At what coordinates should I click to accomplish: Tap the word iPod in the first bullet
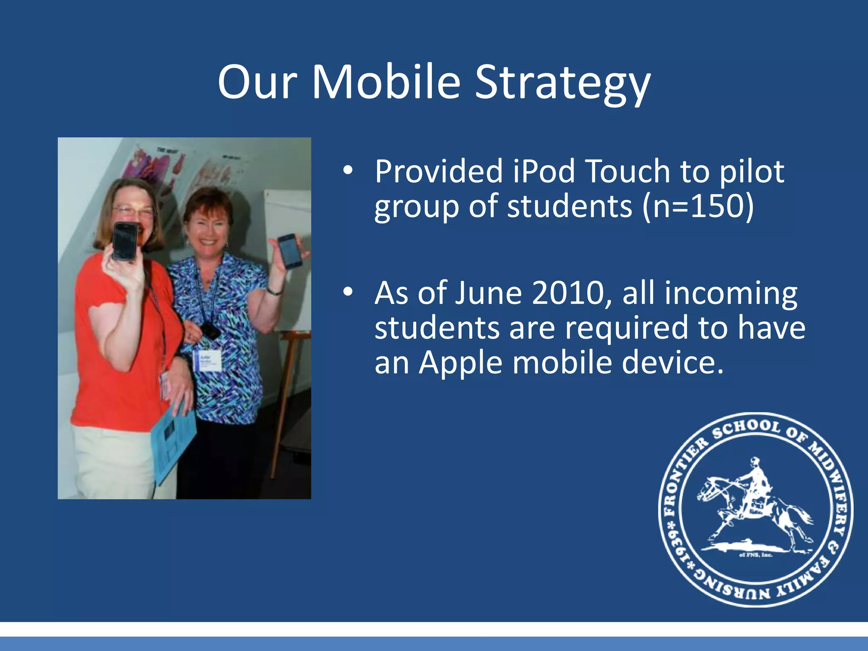click(x=544, y=171)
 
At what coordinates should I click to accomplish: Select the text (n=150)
click(x=698, y=206)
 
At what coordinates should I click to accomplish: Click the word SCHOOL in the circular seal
click(x=746, y=429)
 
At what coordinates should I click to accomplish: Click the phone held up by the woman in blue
click(x=289, y=251)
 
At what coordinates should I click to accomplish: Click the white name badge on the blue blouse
click(x=208, y=360)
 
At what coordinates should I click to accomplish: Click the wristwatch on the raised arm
click(x=275, y=291)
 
